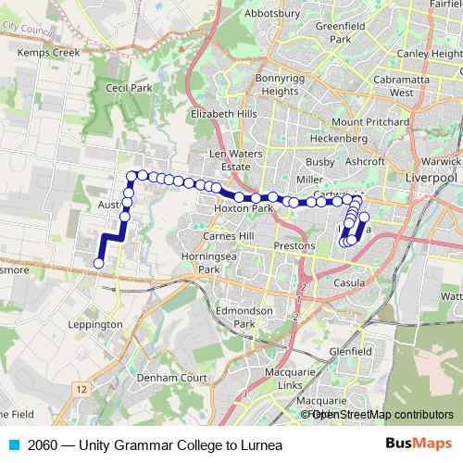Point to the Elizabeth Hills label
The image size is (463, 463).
click(x=222, y=114)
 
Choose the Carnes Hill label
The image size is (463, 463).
click(x=232, y=236)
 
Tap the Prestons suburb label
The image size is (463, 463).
click(x=297, y=246)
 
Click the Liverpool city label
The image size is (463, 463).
click(x=432, y=176)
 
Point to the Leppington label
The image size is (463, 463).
click(x=95, y=325)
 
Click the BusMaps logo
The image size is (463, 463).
click(x=419, y=444)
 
